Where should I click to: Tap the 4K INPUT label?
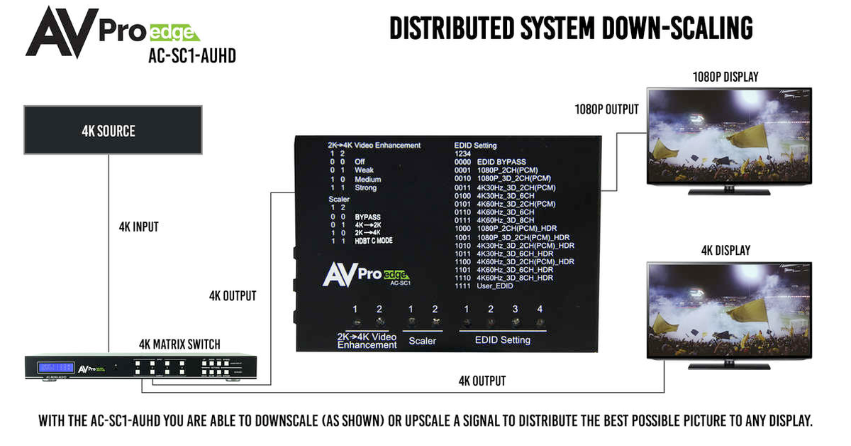[x=138, y=227]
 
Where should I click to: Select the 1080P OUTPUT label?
[x=606, y=109]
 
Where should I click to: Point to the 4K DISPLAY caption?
[x=725, y=251]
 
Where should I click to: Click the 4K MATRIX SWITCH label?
[x=179, y=344]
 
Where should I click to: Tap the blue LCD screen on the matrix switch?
[x=55, y=367]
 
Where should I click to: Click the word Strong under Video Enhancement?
[x=366, y=188]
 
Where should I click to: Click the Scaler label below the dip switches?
[x=423, y=341]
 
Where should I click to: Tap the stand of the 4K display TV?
[x=728, y=364]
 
